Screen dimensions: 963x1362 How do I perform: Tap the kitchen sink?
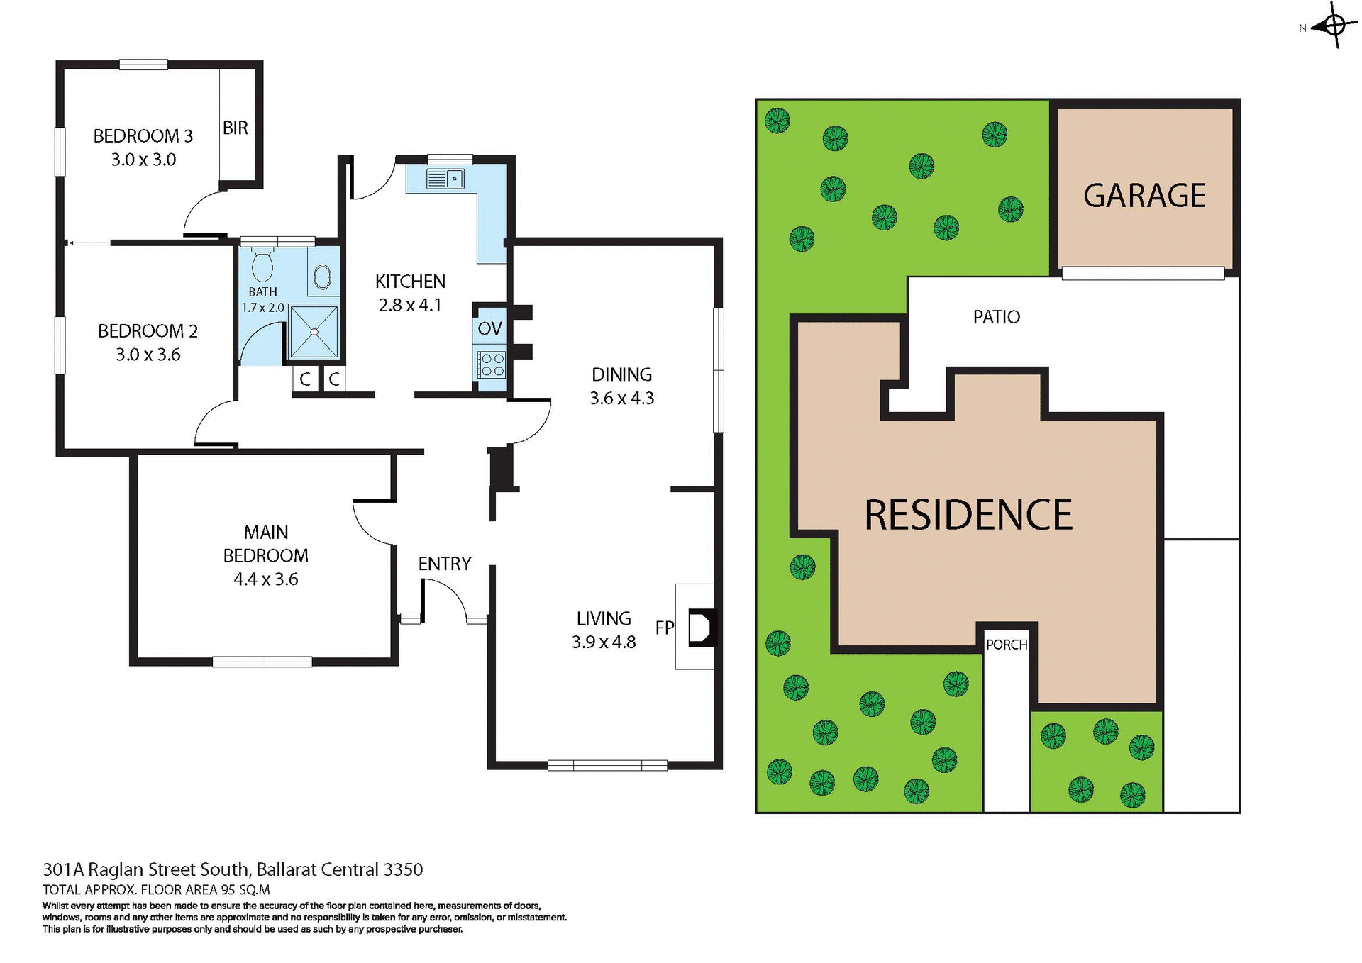[445, 178]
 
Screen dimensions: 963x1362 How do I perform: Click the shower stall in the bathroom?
[314, 331]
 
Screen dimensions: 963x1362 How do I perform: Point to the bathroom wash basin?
[322, 277]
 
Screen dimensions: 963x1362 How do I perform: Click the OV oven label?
[489, 328]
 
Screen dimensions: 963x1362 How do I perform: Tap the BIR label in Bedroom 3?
[236, 128]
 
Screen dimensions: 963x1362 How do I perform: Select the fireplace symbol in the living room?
[702, 627]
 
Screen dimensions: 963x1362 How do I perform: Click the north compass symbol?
[1334, 26]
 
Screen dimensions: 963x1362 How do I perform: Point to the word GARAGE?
[1144, 196]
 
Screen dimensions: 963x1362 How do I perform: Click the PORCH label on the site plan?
[1007, 645]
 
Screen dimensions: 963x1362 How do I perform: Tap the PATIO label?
[997, 317]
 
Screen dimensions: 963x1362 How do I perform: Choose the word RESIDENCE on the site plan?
[968, 515]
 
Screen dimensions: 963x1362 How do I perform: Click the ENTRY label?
[445, 564]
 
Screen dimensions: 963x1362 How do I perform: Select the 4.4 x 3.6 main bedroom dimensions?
[266, 579]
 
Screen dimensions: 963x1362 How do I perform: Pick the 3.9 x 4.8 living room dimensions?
[604, 642]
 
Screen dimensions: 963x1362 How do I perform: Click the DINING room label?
[622, 374]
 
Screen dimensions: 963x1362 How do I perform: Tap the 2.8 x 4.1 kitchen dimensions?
[410, 306]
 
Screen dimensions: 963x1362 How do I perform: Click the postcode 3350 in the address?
[403, 869]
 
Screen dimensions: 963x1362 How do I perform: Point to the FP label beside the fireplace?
[665, 628]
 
